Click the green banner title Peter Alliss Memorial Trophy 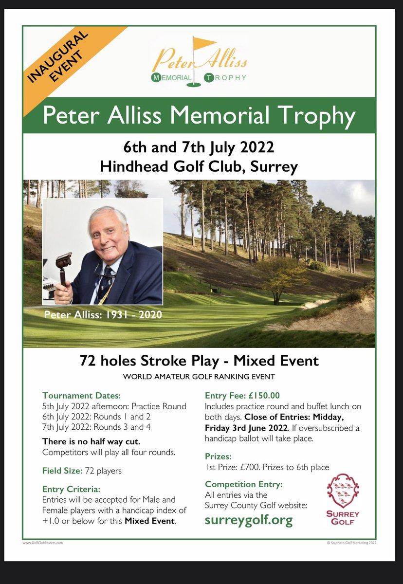199,116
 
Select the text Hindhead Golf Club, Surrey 199,167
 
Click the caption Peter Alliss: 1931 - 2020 103,315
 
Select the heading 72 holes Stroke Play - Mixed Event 199,361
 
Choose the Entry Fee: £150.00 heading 242,396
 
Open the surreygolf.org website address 249,520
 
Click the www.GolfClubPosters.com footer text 43,542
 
